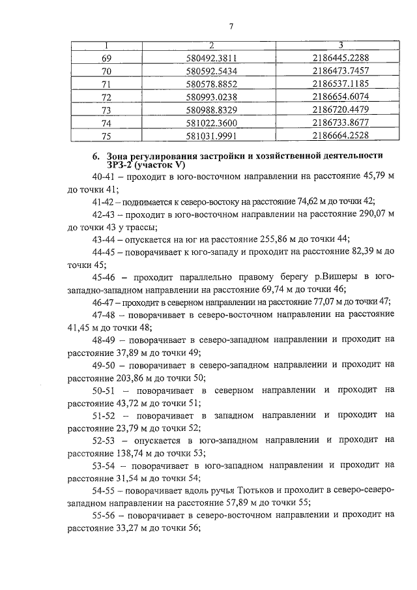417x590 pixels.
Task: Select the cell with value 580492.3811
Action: point(211,58)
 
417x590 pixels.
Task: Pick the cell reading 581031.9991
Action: point(211,136)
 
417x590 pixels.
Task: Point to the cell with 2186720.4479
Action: point(341,110)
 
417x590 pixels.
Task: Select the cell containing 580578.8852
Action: point(211,84)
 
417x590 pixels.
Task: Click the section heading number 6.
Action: point(95,156)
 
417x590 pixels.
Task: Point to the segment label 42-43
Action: point(104,214)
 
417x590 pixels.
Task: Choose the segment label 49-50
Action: point(104,364)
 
